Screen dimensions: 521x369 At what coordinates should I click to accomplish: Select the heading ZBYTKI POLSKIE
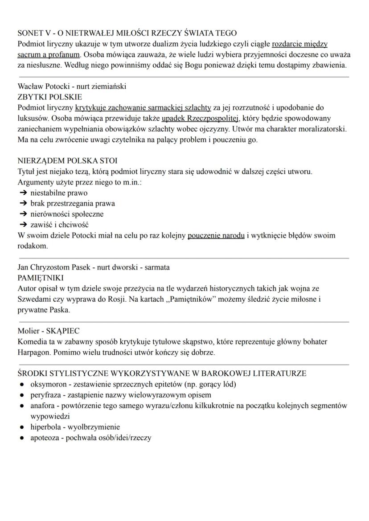pyautogui.click(x=49, y=97)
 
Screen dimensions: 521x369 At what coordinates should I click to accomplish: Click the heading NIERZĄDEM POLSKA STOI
pyautogui.click(x=67, y=160)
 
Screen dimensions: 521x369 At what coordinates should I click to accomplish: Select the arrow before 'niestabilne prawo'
pyautogui.click(x=23, y=193)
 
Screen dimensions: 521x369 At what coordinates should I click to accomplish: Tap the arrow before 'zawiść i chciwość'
pyautogui.click(x=23, y=224)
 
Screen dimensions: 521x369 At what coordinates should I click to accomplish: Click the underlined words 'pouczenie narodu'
pyautogui.click(x=216, y=235)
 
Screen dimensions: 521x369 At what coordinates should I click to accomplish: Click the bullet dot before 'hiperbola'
pyautogui.click(x=21, y=427)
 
